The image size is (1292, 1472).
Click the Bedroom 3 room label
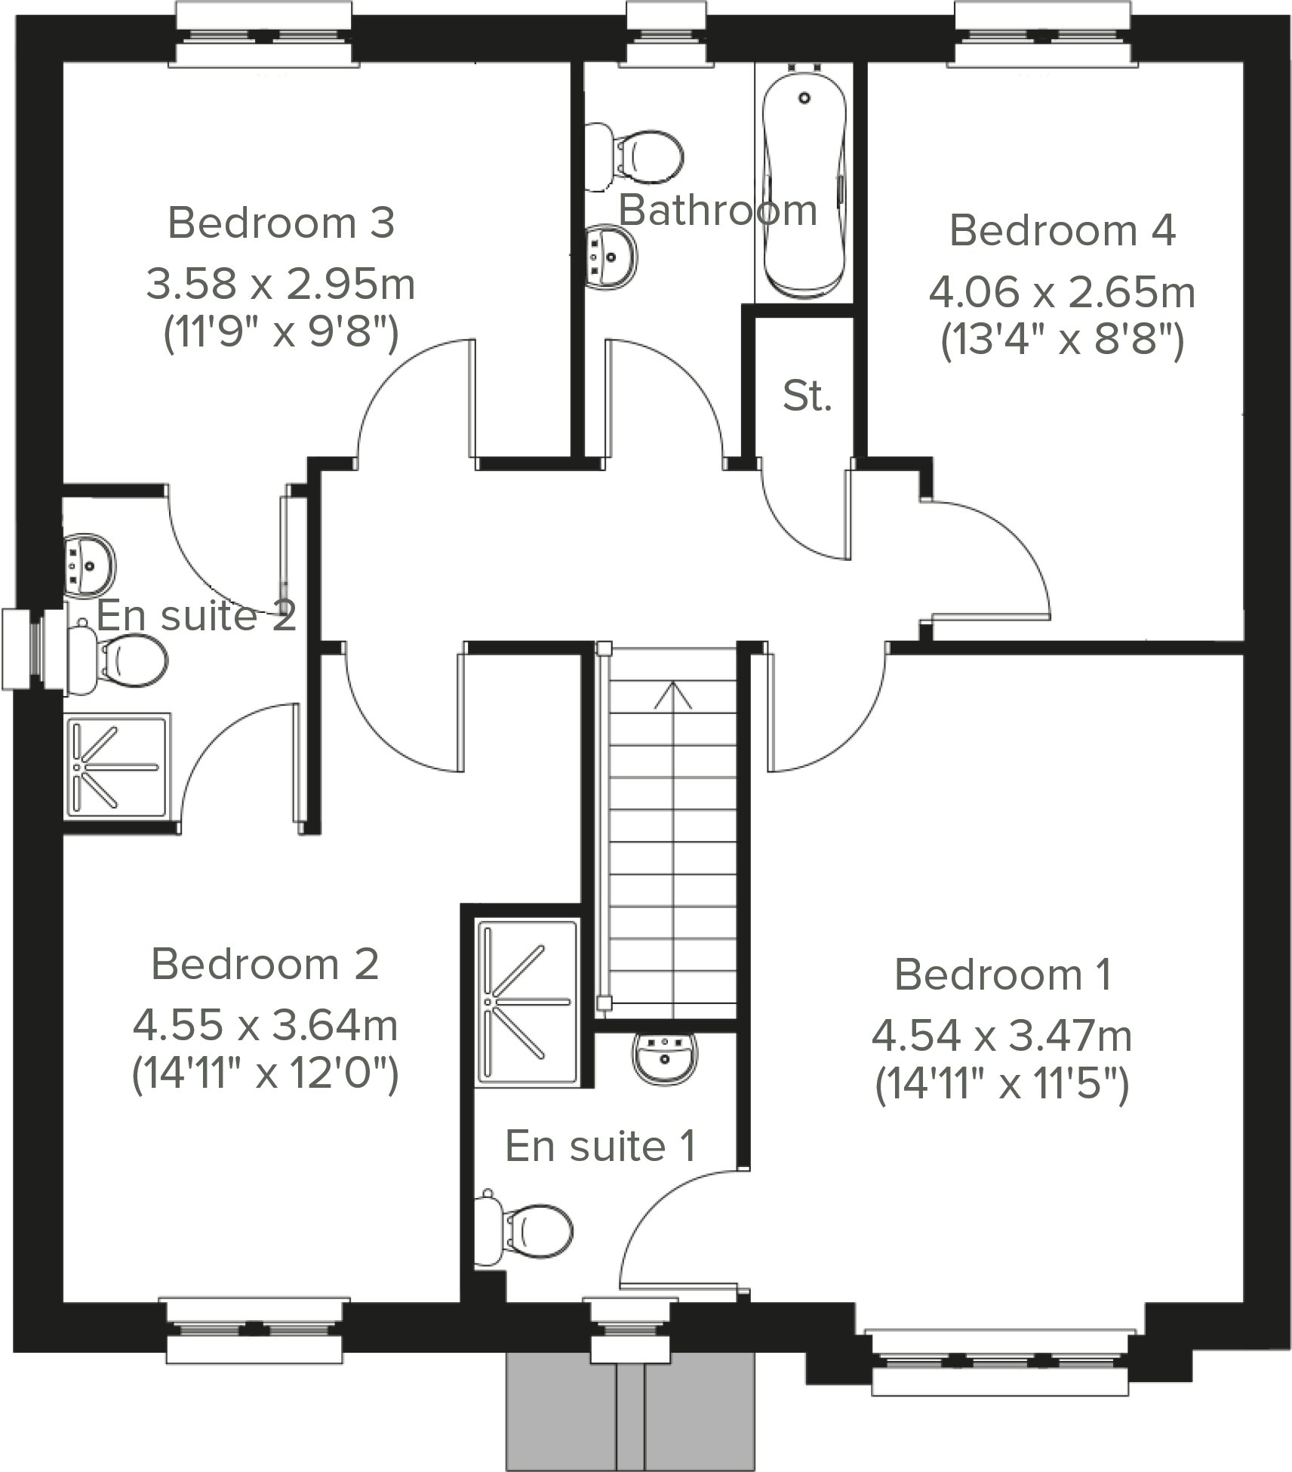click(281, 223)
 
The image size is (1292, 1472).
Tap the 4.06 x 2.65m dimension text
click(1061, 293)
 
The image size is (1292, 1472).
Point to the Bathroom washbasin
click(611, 257)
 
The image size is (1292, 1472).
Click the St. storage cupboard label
click(807, 396)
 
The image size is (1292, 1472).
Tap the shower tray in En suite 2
click(117, 766)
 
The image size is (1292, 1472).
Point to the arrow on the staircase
click(672, 695)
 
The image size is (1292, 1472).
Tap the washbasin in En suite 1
click(665, 1056)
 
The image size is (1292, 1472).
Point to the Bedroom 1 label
click(1002, 975)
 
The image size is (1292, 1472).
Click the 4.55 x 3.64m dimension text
click(265, 1025)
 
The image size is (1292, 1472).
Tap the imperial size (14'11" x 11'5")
click(1001, 1085)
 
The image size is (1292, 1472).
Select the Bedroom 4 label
click(1062, 230)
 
